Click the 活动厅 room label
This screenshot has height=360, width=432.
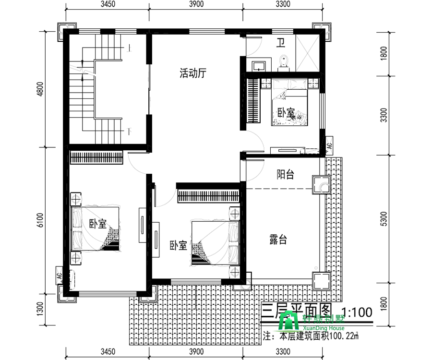coord(193,73)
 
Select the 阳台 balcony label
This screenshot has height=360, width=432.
coord(285,175)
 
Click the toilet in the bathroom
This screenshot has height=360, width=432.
coord(284,62)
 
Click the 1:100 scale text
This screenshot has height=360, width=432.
coord(357,312)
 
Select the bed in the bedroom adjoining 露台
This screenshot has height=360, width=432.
coord(214,242)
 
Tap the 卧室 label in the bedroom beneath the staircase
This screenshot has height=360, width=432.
coord(98,224)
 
